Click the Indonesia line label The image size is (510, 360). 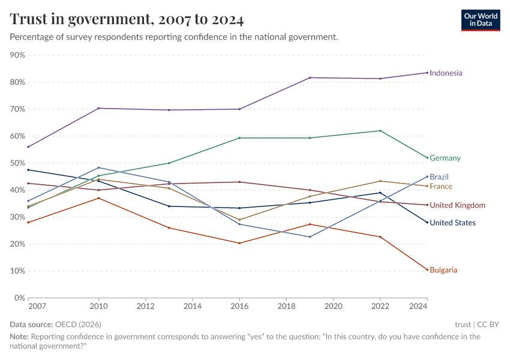pos(446,73)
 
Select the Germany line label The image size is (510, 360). pos(445,158)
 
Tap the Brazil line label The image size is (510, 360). pos(439,177)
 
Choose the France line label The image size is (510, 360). pos(440,187)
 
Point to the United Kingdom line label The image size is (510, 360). pos(457,205)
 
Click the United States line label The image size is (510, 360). pos(452,223)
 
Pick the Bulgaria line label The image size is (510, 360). pos(443,270)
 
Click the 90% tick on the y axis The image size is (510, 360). pos(17,55)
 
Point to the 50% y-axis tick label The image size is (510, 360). pos(17,163)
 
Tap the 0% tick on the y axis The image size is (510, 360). pos(19,298)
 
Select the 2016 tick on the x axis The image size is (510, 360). pos(239,306)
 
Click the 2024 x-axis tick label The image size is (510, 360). pos(418,306)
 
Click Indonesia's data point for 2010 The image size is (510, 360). pos(98,108)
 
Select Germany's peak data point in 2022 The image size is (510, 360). pos(380,131)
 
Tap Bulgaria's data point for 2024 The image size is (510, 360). pos(427,269)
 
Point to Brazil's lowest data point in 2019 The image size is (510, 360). pos(310,236)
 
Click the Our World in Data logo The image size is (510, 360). pos(480,20)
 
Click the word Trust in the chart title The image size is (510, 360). pos(30,20)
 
